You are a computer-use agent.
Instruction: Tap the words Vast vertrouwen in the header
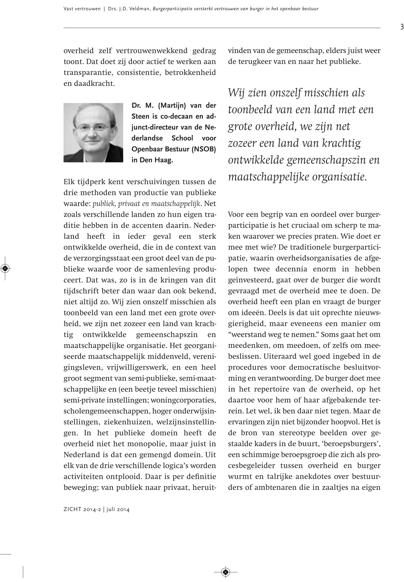[82, 9]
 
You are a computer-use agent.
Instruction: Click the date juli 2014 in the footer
[118, 510]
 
